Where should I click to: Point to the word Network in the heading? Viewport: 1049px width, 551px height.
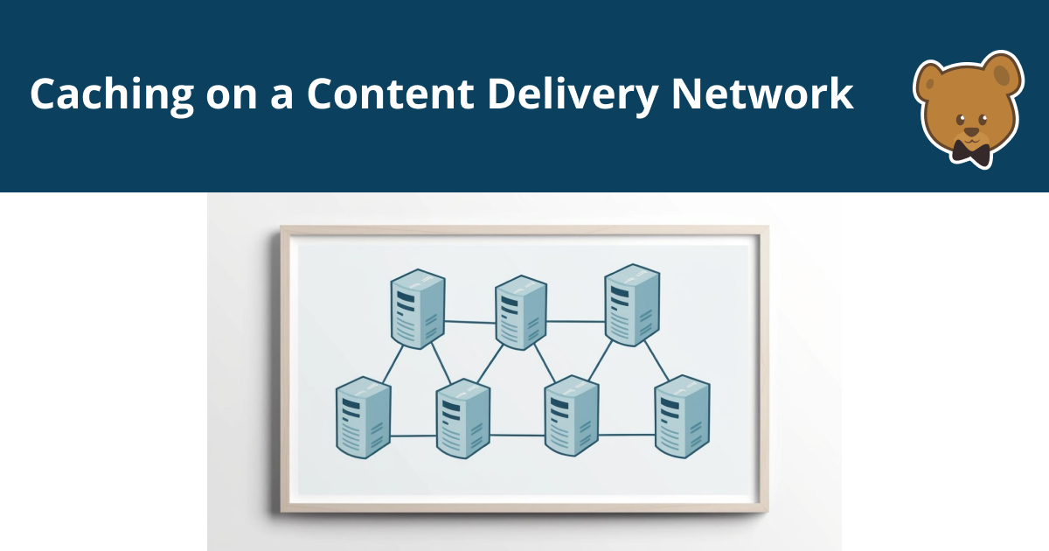761,93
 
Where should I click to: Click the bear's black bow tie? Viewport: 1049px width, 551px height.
971,153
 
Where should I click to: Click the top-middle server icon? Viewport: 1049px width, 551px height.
521,312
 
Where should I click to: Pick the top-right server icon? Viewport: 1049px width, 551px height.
632,306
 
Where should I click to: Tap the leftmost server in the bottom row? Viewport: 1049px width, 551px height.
363,418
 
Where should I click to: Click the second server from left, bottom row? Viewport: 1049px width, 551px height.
463,419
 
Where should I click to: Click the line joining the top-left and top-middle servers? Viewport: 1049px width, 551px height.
470,322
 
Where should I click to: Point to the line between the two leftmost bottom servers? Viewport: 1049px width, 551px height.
413,435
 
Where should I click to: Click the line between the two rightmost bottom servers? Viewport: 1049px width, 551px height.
626,434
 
